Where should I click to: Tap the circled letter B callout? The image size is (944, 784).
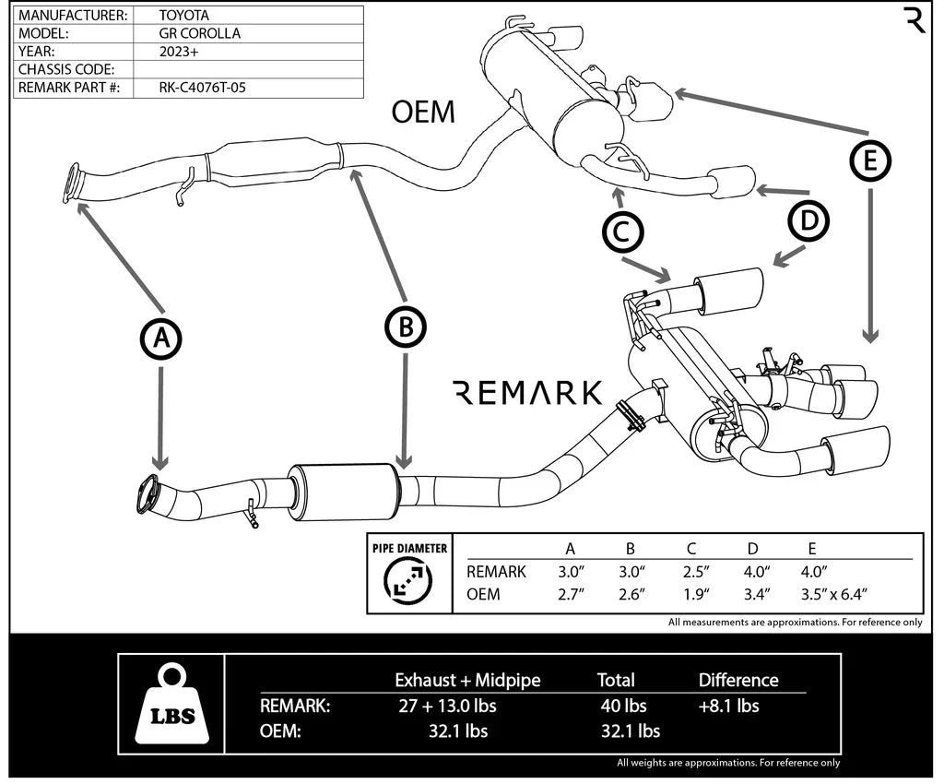[x=405, y=325]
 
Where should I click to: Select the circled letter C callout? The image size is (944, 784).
[x=622, y=232]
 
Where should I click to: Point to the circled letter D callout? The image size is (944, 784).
[x=808, y=220]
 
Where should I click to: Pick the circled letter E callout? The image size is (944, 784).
[x=870, y=162]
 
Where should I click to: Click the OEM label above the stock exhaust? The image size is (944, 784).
[x=423, y=112]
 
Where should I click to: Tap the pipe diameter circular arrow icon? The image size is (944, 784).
[x=409, y=581]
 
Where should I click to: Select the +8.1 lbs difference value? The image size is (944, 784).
[x=728, y=706]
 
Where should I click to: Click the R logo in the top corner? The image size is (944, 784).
[x=914, y=19]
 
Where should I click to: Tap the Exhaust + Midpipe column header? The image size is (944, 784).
[x=467, y=680]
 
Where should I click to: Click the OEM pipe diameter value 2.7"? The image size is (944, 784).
[x=572, y=594]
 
